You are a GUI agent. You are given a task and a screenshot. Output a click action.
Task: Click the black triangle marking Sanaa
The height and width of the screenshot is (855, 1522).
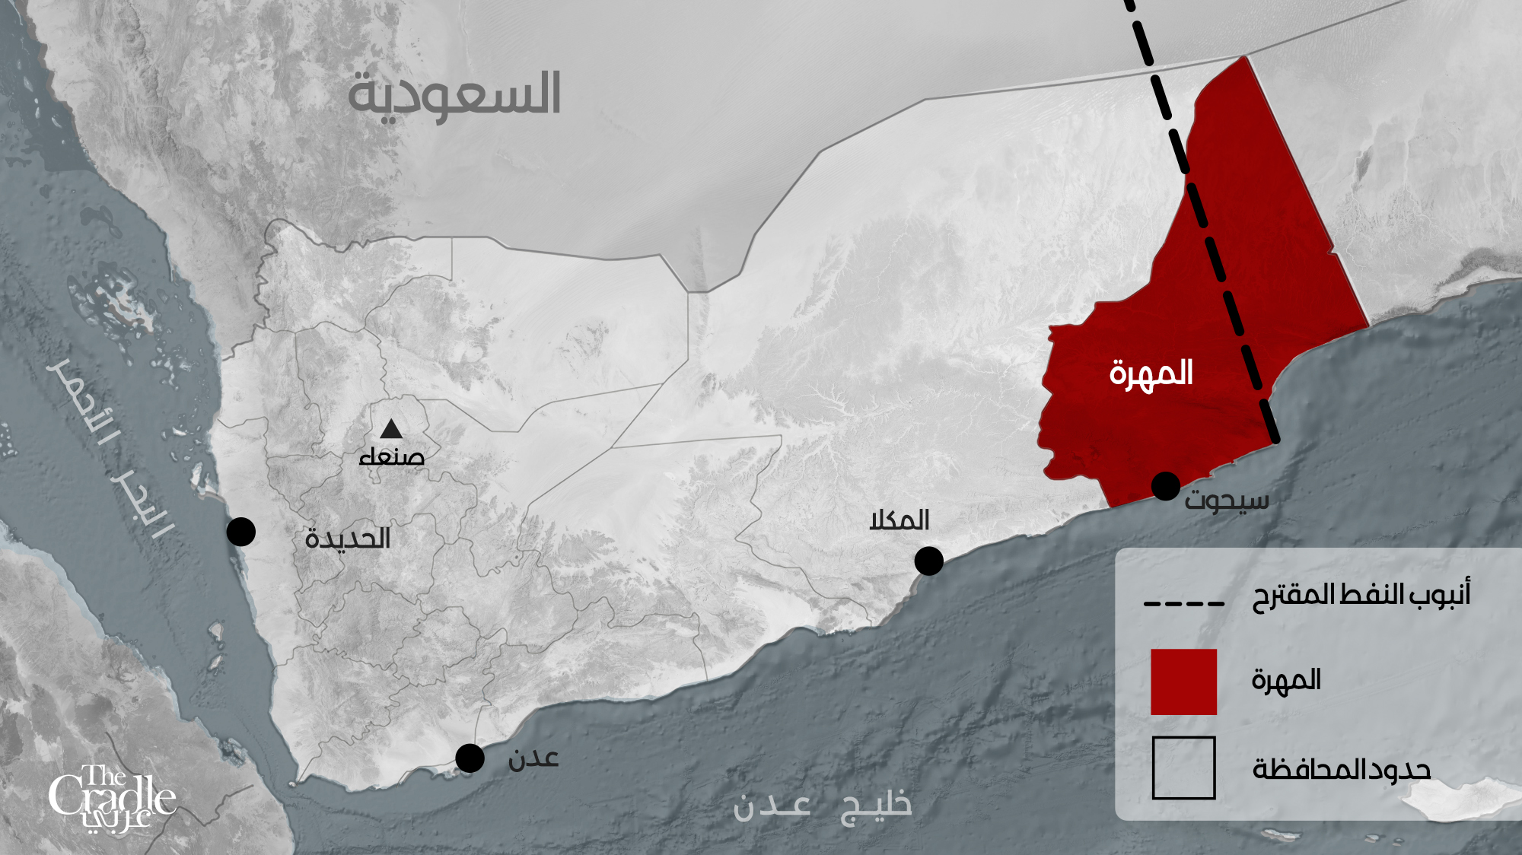(391, 430)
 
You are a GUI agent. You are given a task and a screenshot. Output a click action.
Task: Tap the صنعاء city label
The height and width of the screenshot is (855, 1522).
(392, 456)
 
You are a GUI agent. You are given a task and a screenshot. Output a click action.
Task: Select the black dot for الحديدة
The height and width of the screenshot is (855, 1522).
(241, 532)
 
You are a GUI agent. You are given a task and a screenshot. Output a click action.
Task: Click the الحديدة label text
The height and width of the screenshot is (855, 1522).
(348, 539)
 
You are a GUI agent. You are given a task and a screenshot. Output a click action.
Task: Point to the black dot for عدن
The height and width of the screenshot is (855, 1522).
(470, 758)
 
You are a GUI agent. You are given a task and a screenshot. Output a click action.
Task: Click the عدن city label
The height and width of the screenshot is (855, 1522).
(533, 758)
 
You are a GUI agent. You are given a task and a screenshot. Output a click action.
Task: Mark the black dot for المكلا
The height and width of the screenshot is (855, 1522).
(928, 561)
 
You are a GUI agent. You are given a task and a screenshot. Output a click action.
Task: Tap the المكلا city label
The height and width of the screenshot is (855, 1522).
(900, 520)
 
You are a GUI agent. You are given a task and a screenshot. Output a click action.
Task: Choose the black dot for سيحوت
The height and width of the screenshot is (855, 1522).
(1166, 486)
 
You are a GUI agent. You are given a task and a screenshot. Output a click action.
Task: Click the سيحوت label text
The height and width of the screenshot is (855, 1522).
(1227, 501)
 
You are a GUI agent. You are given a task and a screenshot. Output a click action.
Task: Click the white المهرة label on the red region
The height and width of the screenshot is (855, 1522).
(1151, 373)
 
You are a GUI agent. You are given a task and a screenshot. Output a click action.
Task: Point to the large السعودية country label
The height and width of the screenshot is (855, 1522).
(454, 95)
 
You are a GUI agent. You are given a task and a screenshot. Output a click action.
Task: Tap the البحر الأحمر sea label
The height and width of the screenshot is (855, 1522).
(110, 447)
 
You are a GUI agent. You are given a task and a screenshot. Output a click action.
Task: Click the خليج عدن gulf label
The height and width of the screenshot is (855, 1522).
(822, 806)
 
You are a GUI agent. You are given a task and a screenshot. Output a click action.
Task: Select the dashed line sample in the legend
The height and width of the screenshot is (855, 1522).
(1184, 604)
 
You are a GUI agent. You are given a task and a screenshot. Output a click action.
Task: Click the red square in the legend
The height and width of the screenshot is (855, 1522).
(1183, 682)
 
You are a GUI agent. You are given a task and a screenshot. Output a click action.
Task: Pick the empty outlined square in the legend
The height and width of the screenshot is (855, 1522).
(1183, 768)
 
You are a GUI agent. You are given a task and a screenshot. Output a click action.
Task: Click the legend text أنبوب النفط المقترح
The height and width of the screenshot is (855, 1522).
(1361, 594)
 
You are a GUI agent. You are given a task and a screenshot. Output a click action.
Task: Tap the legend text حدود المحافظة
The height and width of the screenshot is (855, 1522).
(1342, 769)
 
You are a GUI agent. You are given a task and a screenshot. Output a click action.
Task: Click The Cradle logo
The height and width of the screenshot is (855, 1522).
(112, 799)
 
